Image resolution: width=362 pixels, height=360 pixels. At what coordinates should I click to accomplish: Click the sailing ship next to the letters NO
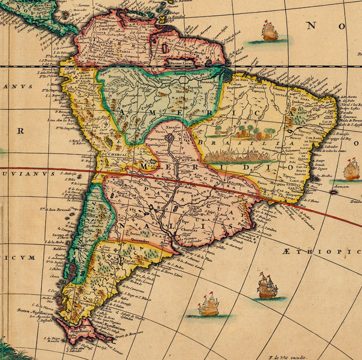[269, 31]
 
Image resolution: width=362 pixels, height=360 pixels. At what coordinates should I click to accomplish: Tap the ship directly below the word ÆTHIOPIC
[267, 287]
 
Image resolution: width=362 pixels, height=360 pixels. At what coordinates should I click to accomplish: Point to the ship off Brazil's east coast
[351, 170]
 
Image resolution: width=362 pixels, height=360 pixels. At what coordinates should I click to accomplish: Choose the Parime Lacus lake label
[183, 63]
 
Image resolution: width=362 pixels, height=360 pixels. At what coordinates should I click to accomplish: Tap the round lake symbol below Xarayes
[170, 138]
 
